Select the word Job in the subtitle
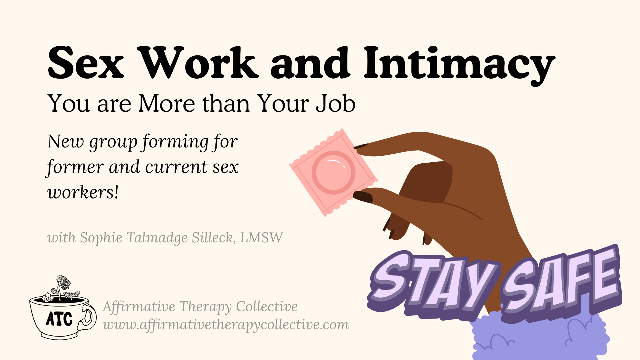(335, 103)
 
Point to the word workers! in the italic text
(83, 192)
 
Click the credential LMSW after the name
(261, 237)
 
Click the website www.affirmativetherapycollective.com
(226, 325)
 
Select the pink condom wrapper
(333, 173)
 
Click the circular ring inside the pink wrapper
(333, 173)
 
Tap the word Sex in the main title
(86, 63)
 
